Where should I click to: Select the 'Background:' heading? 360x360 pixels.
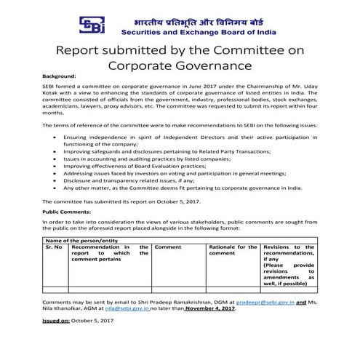pyautogui.click(x=59, y=76)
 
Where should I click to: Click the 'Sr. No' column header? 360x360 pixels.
pyautogui.click(x=53, y=248)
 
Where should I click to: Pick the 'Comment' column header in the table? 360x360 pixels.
pyautogui.click(x=168, y=248)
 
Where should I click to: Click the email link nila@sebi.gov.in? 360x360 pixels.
pyautogui.click(x=129, y=308)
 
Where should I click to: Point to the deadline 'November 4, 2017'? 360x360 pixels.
pyautogui.click(x=211, y=308)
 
